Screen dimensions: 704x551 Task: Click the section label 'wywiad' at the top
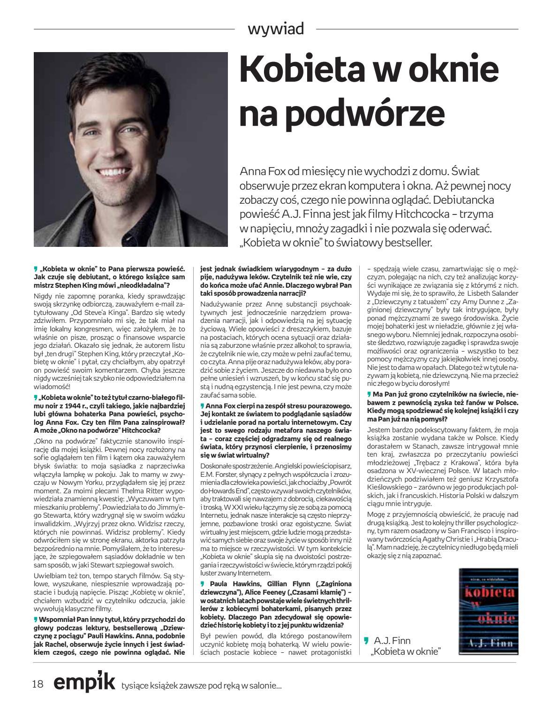click(275, 29)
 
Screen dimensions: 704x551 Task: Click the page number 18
click(38, 683)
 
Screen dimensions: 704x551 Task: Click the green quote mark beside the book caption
click(366, 640)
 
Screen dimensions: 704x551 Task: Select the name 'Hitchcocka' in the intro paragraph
click(432, 214)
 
